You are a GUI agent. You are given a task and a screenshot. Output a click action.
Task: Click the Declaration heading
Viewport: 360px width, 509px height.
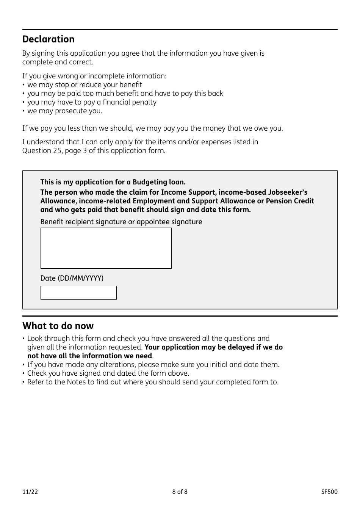pos(48,39)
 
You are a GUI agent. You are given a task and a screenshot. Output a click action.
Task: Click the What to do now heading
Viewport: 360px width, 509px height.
pos(58,326)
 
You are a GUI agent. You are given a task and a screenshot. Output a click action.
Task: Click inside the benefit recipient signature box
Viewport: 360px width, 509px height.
pos(106,248)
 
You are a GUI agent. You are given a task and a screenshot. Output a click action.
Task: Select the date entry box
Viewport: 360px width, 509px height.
pos(78,293)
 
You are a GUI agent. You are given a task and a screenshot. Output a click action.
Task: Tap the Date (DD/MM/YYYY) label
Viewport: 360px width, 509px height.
pos(72,278)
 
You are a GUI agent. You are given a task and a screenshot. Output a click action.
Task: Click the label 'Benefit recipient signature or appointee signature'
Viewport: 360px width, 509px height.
pos(121,222)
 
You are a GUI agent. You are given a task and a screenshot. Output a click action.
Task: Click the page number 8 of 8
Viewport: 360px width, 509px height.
pos(180,492)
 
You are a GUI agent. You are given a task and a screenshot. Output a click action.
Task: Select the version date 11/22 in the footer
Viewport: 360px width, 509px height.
pos(30,492)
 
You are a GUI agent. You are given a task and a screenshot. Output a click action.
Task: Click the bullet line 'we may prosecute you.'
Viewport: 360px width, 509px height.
pos(64,111)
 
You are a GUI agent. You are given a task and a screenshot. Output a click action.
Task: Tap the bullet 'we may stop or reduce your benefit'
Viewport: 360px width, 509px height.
pos(85,85)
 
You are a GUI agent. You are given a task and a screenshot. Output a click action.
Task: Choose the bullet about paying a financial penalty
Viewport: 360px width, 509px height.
pos(91,102)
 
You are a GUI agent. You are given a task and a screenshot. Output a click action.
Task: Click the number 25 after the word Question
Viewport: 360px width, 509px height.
pos(55,151)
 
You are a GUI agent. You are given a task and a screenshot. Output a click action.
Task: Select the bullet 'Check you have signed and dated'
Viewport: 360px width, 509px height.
pos(108,373)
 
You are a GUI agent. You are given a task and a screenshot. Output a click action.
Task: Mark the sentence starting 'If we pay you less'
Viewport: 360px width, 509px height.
pos(152,128)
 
